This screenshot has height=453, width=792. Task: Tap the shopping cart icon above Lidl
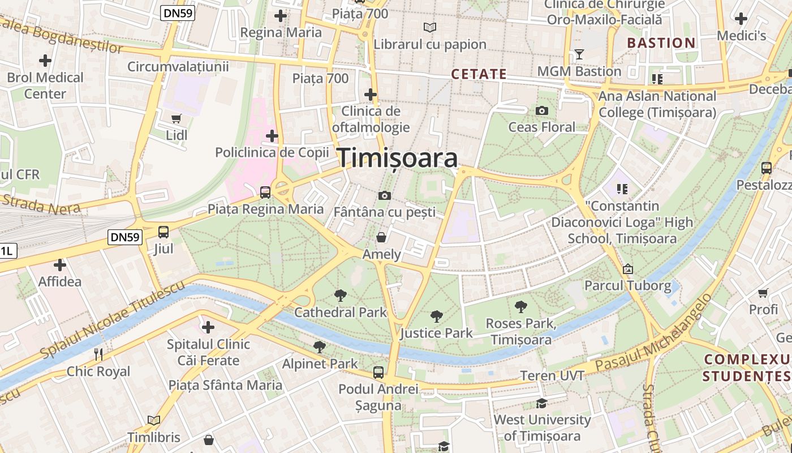click(177, 118)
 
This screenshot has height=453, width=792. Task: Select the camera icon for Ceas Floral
click(542, 110)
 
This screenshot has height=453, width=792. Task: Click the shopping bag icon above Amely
click(382, 237)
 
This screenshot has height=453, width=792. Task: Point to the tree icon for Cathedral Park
click(341, 294)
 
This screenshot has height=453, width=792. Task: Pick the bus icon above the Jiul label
click(163, 232)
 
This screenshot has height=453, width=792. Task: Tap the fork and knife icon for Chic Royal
click(98, 354)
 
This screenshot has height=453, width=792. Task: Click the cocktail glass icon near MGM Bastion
click(579, 54)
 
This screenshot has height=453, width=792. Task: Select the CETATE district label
click(479, 74)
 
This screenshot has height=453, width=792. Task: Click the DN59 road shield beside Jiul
click(125, 237)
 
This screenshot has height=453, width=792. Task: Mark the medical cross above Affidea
click(59, 264)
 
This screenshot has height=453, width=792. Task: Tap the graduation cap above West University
click(541, 403)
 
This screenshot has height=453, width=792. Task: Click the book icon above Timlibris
click(153, 420)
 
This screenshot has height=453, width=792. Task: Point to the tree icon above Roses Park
click(521, 307)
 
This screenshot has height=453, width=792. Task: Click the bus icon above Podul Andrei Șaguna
click(378, 372)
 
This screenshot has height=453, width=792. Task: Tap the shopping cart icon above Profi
click(763, 293)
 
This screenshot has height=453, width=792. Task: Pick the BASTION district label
click(661, 43)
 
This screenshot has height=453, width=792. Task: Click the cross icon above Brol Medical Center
click(45, 60)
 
